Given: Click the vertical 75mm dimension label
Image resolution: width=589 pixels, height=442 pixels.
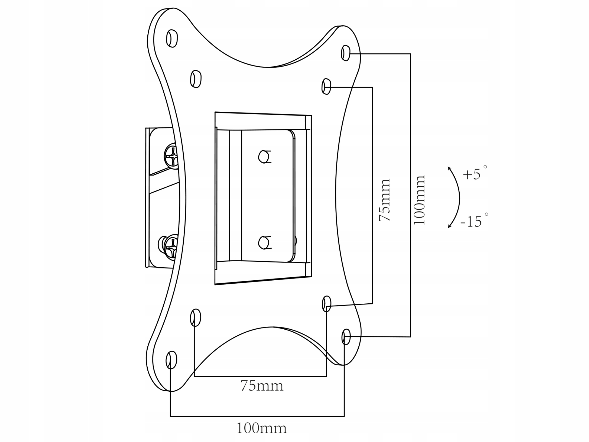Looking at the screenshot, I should coord(384,200).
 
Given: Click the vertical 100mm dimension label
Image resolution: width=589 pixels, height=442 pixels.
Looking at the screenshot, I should coord(419,200).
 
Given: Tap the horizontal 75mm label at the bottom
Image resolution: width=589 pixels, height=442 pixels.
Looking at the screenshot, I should coord(262,386).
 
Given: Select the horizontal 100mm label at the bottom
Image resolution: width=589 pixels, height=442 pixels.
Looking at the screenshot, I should coord(262,428).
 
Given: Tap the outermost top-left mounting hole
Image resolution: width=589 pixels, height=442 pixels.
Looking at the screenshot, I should coord(172,39).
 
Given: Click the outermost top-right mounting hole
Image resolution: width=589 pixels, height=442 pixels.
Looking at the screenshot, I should coord(346,53).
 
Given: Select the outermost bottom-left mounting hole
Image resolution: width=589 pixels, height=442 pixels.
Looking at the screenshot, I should coord(171,360).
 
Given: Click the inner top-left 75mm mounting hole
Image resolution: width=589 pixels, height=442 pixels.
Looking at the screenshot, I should coord(196,79).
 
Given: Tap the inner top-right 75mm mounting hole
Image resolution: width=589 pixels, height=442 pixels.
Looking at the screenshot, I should coord(326,86).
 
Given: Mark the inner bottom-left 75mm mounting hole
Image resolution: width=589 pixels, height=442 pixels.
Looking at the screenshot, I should coord(196,318).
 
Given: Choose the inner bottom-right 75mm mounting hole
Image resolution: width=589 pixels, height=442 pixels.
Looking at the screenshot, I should coord(326,303).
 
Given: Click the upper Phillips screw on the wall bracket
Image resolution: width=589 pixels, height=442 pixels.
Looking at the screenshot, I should coord(171,156).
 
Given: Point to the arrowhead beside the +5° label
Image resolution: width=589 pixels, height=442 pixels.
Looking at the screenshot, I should coord(449,168).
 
